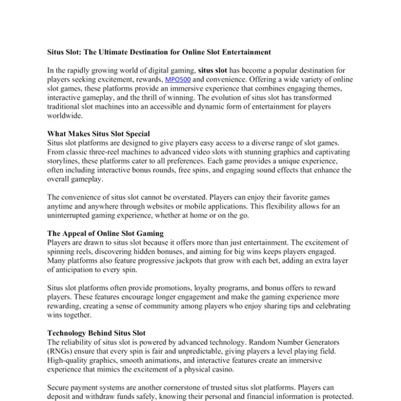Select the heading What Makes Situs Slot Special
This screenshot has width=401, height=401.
point(98,134)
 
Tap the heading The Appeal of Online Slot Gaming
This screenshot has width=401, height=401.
point(105,233)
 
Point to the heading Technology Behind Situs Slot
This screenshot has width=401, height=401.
point(96,332)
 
